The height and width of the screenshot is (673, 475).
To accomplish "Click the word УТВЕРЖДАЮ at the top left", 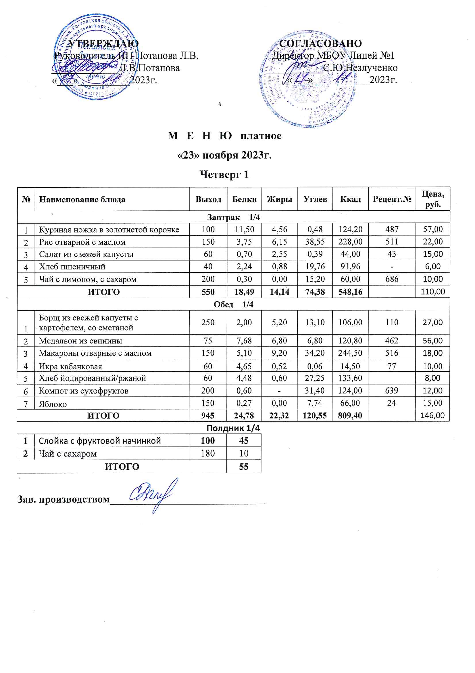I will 103,43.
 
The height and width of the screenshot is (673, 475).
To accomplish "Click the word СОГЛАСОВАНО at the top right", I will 320,43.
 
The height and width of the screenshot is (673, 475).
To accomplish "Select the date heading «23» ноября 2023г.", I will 225,155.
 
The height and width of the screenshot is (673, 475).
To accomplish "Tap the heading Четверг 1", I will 224,174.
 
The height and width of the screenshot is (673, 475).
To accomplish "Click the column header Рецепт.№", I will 392,199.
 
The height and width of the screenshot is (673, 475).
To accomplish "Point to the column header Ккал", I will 350,199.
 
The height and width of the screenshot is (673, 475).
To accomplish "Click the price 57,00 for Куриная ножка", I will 432,229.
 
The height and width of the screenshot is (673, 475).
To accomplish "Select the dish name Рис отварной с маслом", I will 82,242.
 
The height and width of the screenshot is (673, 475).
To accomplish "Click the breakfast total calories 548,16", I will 350,292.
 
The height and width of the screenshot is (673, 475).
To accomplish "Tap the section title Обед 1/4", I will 233,304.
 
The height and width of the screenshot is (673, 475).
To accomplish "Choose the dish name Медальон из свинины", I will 80,341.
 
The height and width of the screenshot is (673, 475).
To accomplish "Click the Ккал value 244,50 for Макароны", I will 350,353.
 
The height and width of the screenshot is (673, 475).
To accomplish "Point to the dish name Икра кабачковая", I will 70,366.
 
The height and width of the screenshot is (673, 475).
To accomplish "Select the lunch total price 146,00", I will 432,415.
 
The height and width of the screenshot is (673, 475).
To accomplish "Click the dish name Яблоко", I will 53,404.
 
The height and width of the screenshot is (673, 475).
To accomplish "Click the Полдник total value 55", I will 243,466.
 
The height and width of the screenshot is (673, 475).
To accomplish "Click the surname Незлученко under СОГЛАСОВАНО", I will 370,68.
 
